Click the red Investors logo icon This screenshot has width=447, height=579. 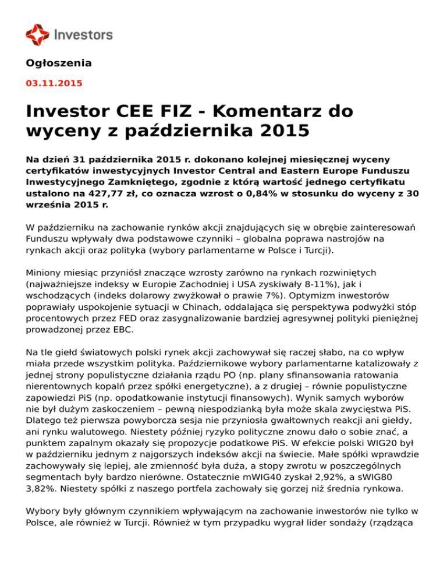38,35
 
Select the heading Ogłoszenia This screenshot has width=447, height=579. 59,63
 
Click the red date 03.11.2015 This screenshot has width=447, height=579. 54,83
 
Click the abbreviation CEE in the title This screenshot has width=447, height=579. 140,110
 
